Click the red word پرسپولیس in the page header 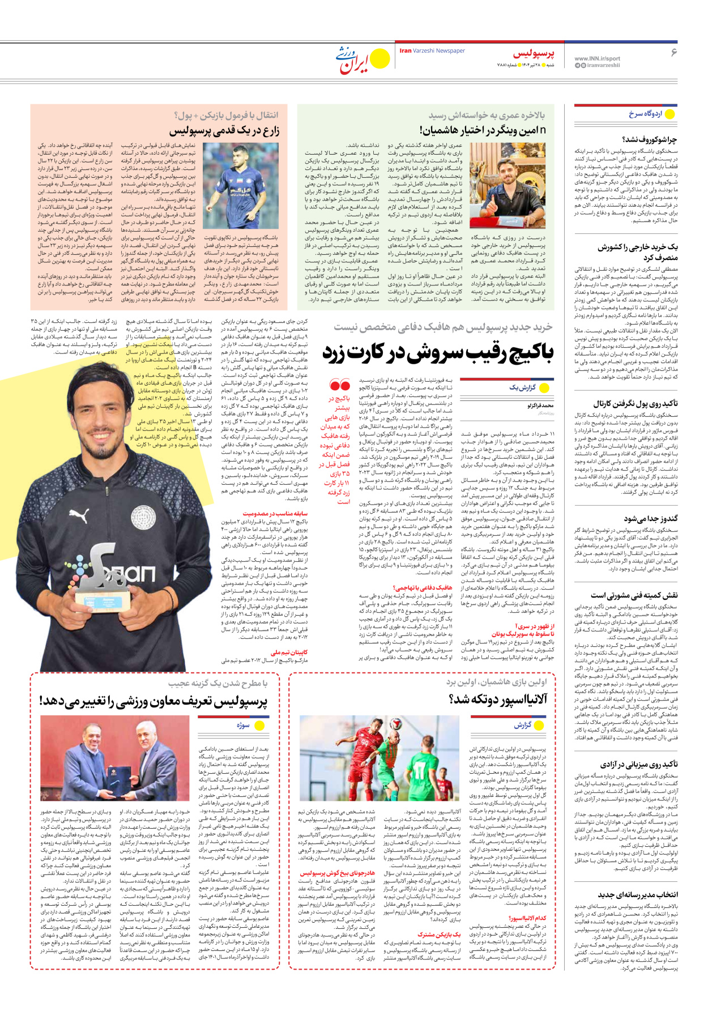534,54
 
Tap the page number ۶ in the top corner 674,53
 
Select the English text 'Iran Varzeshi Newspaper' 432,51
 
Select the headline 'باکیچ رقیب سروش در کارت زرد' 438,352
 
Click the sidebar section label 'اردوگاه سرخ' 645,114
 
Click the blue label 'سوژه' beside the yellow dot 243,725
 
